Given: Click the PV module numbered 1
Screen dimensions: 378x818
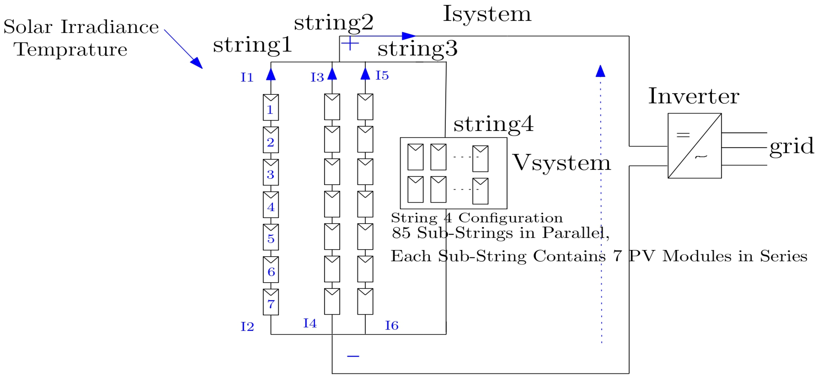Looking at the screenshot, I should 270,107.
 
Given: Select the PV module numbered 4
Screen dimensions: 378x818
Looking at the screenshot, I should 270,205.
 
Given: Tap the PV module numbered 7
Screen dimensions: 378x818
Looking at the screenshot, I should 270,302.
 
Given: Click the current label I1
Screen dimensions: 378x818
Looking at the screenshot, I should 247,77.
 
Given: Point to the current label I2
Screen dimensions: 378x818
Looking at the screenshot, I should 247,326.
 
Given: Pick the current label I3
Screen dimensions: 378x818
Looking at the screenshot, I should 317,77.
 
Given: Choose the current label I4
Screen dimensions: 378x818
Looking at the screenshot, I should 310,323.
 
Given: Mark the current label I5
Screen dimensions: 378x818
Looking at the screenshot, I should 382,76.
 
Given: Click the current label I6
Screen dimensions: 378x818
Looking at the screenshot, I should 391,326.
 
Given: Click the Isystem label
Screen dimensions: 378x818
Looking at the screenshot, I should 487,14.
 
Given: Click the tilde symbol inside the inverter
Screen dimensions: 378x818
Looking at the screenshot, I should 701,157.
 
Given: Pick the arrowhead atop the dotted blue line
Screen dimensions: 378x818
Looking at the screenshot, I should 600,71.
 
